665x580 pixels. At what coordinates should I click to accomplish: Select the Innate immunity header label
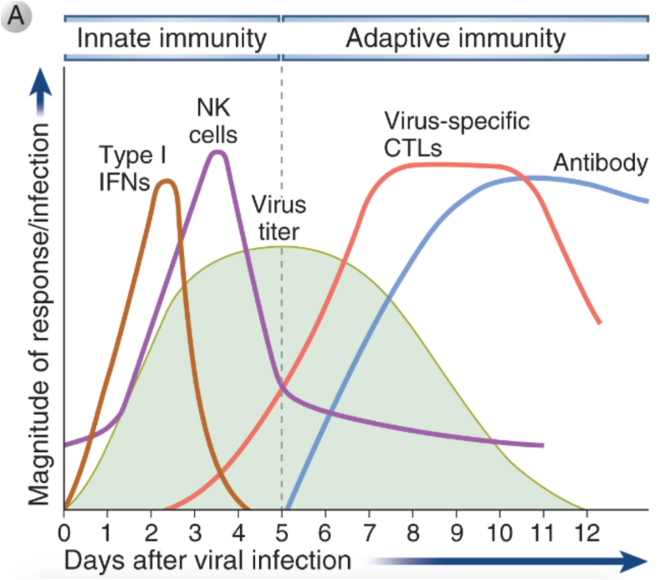coord(172,38)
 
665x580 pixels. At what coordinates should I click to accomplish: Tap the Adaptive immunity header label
coord(456,38)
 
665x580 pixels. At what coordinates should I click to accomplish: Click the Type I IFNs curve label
coord(125,167)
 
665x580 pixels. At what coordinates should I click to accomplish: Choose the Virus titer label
coord(279,217)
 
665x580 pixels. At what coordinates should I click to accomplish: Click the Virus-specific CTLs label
coord(457,135)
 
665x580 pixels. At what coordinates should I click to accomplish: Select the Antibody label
coord(601,162)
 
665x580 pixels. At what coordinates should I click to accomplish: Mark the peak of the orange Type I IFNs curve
coord(167,181)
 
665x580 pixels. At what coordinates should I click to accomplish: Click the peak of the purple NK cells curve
coord(218,152)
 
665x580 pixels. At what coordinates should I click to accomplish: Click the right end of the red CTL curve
coord(599,322)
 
